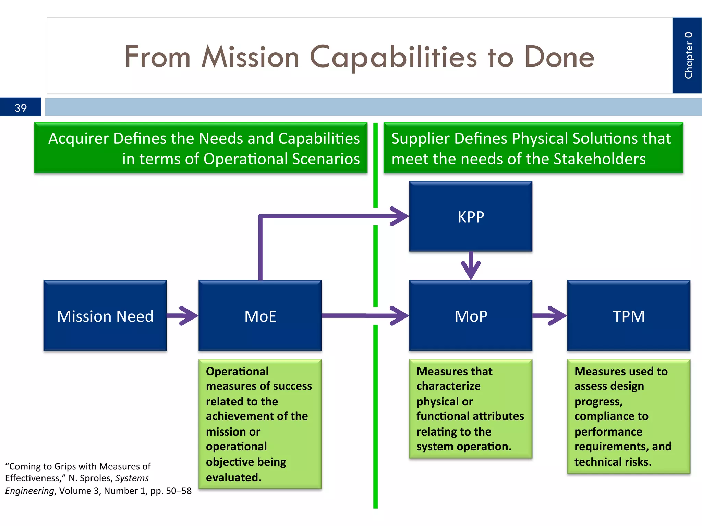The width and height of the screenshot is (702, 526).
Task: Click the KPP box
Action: click(x=471, y=217)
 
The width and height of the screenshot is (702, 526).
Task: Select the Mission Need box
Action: click(x=105, y=316)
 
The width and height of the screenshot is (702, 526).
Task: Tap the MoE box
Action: click(x=260, y=316)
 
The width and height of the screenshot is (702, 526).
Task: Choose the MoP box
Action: click(x=471, y=316)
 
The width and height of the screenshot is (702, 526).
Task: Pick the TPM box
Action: click(x=628, y=316)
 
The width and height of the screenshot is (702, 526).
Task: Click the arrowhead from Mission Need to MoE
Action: click(x=189, y=315)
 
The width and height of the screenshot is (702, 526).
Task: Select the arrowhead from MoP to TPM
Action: click(x=557, y=315)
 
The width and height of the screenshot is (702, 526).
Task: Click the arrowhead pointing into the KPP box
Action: click(x=400, y=216)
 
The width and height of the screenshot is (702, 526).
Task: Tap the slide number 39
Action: click(x=21, y=108)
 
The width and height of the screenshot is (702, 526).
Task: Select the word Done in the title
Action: click(x=559, y=57)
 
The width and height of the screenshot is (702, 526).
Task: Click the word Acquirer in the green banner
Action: click(x=78, y=139)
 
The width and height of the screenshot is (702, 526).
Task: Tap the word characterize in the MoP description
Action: click(x=448, y=386)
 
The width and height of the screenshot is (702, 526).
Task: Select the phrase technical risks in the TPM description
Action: click(x=613, y=462)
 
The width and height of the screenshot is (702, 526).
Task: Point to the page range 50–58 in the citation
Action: click(x=179, y=491)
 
